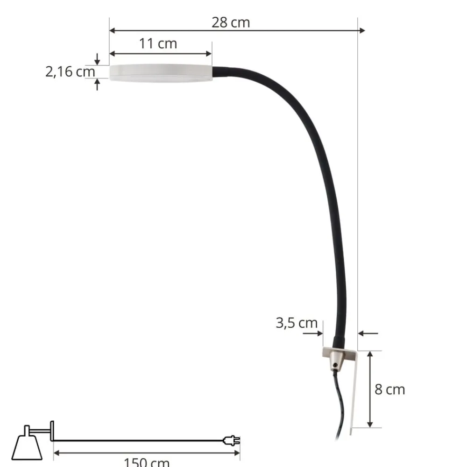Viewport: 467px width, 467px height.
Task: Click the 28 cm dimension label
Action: pos(231,22)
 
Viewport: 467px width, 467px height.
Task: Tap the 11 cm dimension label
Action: pos(158,43)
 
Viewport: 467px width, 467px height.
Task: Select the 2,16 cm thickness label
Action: pos(70,72)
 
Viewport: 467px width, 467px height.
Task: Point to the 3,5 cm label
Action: pos(296,323)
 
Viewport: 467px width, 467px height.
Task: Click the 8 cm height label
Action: pos(389,389)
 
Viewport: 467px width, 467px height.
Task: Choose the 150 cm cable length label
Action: pos(146,462)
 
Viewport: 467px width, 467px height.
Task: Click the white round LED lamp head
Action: pos(161,72)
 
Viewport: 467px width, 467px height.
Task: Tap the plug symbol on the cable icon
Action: pos(232,440)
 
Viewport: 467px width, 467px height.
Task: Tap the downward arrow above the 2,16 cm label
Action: pos(97,59)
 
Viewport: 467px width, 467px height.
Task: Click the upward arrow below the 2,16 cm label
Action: pos(97,85)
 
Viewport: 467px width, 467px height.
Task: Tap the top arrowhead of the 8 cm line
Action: pos(370,354)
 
